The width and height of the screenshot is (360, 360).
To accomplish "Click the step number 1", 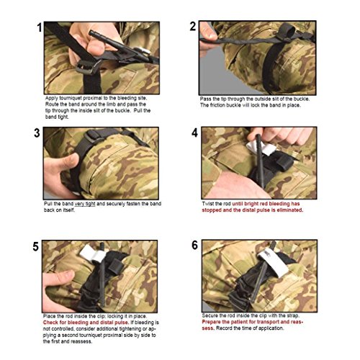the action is point(40,27).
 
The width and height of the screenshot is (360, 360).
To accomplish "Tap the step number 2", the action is point(193,26).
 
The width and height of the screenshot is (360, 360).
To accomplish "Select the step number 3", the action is point(37,133).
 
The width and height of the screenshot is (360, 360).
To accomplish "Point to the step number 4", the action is point(194,132).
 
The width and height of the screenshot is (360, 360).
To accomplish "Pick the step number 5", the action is point(35,246).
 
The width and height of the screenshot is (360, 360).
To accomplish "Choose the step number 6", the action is point(194,245).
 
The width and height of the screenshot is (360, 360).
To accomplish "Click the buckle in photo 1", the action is point(88,67).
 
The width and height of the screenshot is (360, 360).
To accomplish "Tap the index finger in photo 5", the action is point(59,276).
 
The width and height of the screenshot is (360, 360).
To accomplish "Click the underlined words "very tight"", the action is point(85,204).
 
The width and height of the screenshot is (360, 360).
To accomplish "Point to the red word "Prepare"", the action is point(211,322).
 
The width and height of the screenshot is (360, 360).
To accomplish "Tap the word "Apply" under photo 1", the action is point(52,99).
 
